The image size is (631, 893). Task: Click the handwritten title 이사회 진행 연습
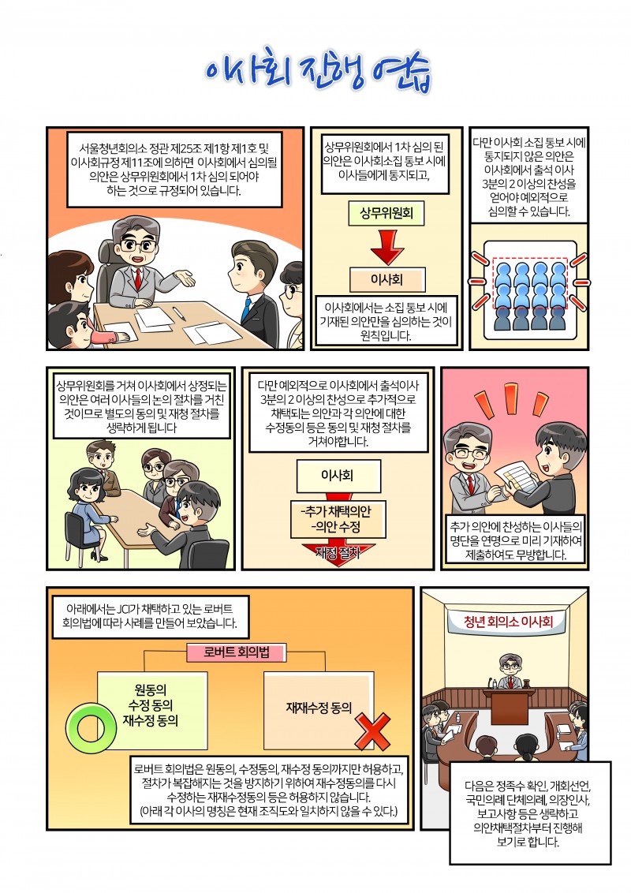(317, 73)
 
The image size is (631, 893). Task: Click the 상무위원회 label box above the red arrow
(386, 213)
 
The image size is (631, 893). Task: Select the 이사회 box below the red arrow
(386, 279)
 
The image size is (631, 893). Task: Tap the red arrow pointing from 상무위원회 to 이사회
(386, 247)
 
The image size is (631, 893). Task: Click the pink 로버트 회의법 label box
(237, 652)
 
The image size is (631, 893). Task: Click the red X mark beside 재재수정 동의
(373, 731)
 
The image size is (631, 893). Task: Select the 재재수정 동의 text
(319, 708)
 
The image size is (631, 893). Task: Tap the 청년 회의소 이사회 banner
(506, 622)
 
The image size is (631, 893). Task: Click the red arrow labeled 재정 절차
(338, 552)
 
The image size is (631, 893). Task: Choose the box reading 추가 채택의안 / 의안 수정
(338, 519)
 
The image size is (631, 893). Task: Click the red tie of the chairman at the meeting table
(138, 278)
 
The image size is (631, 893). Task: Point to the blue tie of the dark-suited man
(246, 310)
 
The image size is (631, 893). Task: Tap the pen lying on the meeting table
(178, 313)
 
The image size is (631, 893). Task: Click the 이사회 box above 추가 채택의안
(338, 476)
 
